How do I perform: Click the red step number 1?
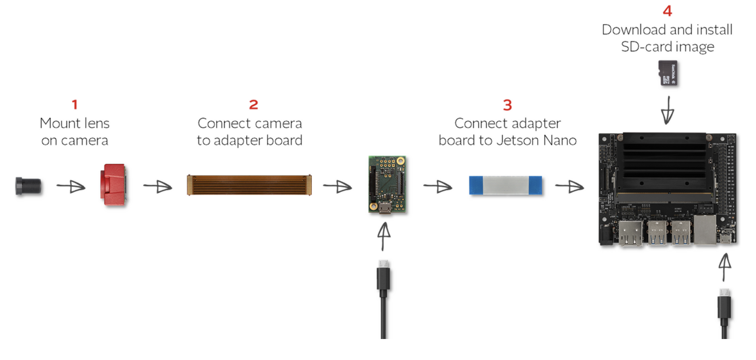(75, 105)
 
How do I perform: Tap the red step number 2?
(253, 105)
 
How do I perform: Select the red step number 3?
(507, 105)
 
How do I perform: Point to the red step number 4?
(667, 11)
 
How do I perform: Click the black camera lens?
(28, 186)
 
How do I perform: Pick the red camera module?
(113, 184)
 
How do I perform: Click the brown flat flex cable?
(249, 185)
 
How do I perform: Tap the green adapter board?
(387, 184)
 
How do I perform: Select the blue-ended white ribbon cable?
(505, 186)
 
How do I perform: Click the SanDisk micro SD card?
(668, 73)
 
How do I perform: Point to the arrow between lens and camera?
(71, 186)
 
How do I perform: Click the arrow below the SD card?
(668, 110)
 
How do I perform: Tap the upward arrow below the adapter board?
(384, 236)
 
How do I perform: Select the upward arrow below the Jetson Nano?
(724, 266)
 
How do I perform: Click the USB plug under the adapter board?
(383, 278)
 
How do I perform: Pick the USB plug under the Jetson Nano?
(724, 307)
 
